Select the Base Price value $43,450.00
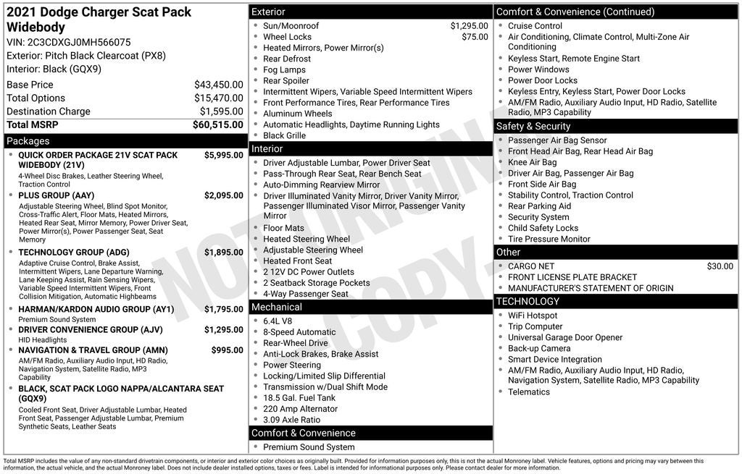pyautogui.click(x=218, y=85)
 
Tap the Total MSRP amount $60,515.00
pyautogui.click(x=217, y=125)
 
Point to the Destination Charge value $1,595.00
pyautogui.click(x=221, y=111)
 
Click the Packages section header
pyautogui.click(x=28, y=141)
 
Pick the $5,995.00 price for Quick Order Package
pyautogui.click(x=223, y=155)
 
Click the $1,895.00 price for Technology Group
pyautogui.click(x=223, y=253)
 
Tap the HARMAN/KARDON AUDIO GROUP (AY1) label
pyautogui.click(x=96, y=310)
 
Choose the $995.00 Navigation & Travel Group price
pyautogui.click(x=227, y=350)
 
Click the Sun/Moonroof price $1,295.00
pyautogui.click(x=469, y=26)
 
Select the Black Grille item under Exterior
pyautogui.click(x=284, y=135)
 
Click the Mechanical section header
pyautogui.click(x=276, y=308)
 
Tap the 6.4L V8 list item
pyautogui.click(x=278, y=321)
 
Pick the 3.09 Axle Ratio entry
pyautogui.click(x=291, y=420)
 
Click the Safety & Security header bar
pyautogui.click(x=533, y=127)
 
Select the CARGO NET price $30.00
pyautogui.click(x=720, y=266)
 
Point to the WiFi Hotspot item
pyautogui.click(x=533, y=316)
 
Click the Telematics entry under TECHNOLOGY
pyautogui.click(x=528, y=392)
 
